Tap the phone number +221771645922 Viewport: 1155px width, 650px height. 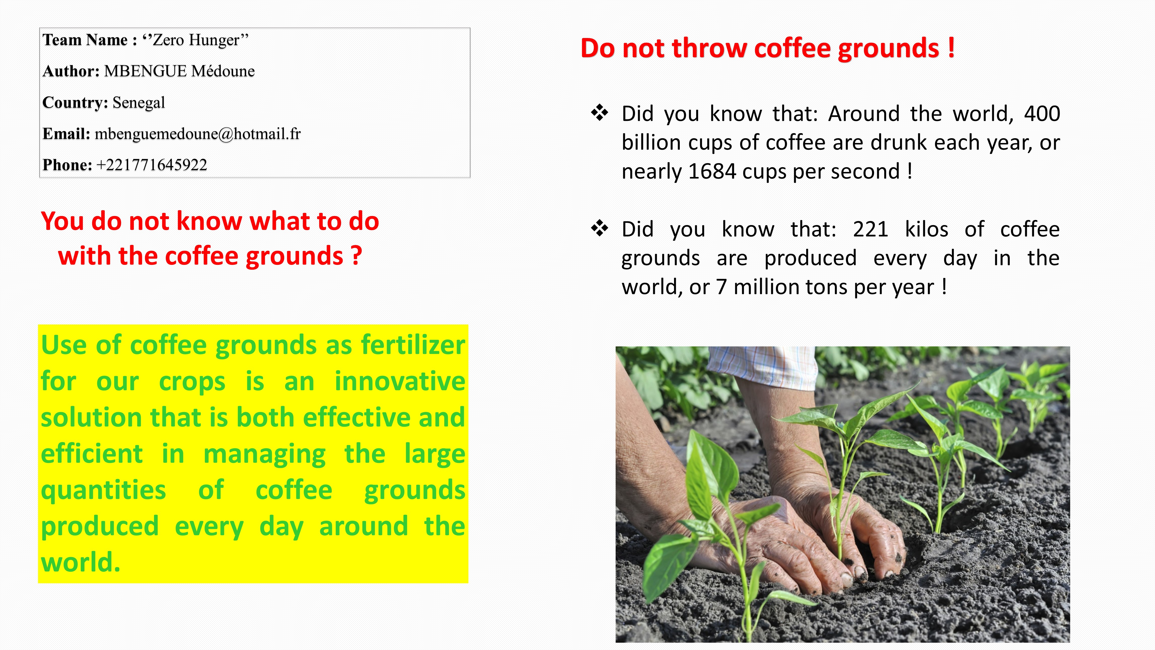[x=152, y=165]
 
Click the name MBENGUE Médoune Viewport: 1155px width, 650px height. [x=179, y=71]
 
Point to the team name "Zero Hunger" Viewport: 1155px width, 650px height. [x=196, y=40]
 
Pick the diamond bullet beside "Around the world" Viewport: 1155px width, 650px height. [x=600, y=113]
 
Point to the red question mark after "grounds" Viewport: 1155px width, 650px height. [x=356, y=256]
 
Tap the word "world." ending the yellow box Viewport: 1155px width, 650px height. [x=81, y=563]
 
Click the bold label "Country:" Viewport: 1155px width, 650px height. [x=75, y=103]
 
